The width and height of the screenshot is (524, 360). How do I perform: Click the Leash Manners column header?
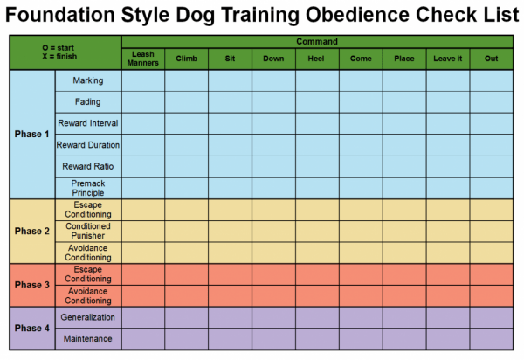point(142,59)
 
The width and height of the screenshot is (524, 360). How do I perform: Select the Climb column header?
point(186,59)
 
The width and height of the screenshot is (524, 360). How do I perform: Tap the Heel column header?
point(316,59)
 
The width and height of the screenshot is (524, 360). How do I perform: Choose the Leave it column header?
point(447,59)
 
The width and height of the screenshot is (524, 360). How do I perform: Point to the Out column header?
point(491,59)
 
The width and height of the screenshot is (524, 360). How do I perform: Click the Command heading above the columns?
point(316,41)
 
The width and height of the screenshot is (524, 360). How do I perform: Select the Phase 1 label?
point(31,135)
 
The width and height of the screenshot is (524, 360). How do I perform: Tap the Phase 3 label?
point(31,285)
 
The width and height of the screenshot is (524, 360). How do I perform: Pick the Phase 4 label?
point(31,328)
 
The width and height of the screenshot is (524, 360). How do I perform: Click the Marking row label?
point(87,80)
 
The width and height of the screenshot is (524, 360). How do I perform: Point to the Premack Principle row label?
point(87,188)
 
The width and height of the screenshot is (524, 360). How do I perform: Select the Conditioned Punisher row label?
point(87,231)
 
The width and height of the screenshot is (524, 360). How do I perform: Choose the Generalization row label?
point(87,317)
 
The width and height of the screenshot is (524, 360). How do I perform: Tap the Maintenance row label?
point(87,338)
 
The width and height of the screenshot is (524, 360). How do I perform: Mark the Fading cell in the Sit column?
point(230,101)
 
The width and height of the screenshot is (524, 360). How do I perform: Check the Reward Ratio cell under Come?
point(360,166)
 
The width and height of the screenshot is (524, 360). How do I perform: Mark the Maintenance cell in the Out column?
point(491,338)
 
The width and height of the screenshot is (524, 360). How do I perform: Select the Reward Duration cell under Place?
point(403,144)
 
